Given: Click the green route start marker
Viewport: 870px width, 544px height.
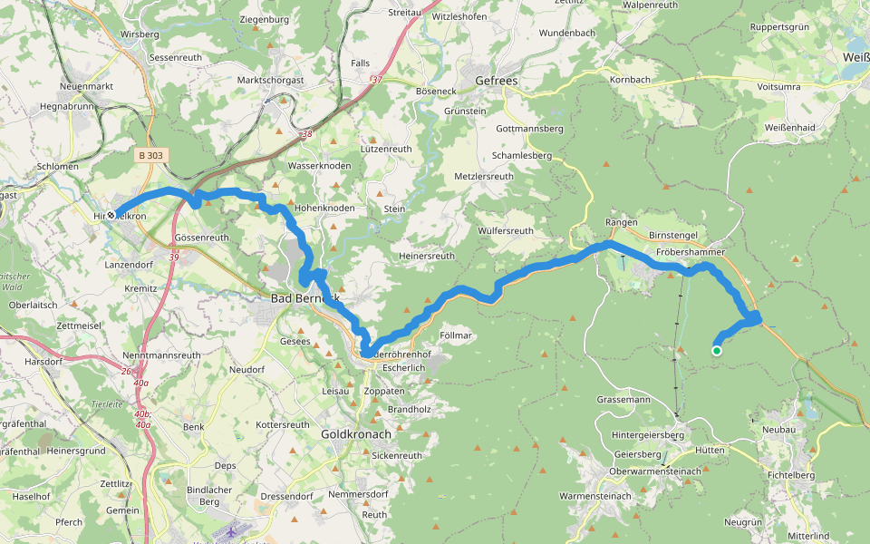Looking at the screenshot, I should click(x=716, y=351).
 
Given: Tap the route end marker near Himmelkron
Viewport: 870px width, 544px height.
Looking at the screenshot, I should click(x=111, y=216).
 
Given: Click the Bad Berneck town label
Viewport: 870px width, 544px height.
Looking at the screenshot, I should click(x=304, y=297).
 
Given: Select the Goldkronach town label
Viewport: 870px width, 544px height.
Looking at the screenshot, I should click(x=356, y=434).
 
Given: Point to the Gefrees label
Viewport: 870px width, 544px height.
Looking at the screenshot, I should click(x=498, y=81).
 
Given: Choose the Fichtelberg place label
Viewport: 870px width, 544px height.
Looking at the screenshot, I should click(x=790, y=474).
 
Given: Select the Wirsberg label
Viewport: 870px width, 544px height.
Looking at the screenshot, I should click(x=139, y=34).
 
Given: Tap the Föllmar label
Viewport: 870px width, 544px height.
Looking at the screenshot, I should click(x=456, y=335).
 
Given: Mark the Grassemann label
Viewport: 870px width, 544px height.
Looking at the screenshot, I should click(x=623, y=399).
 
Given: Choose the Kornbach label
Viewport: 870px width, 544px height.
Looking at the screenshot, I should click(x=630, y=80).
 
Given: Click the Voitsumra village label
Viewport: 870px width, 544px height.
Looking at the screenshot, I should click(x=778, y=86).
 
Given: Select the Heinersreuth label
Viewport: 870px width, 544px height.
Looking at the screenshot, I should click(x=427, y=256).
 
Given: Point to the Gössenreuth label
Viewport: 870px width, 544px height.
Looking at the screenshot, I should click(x=201, y=237).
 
